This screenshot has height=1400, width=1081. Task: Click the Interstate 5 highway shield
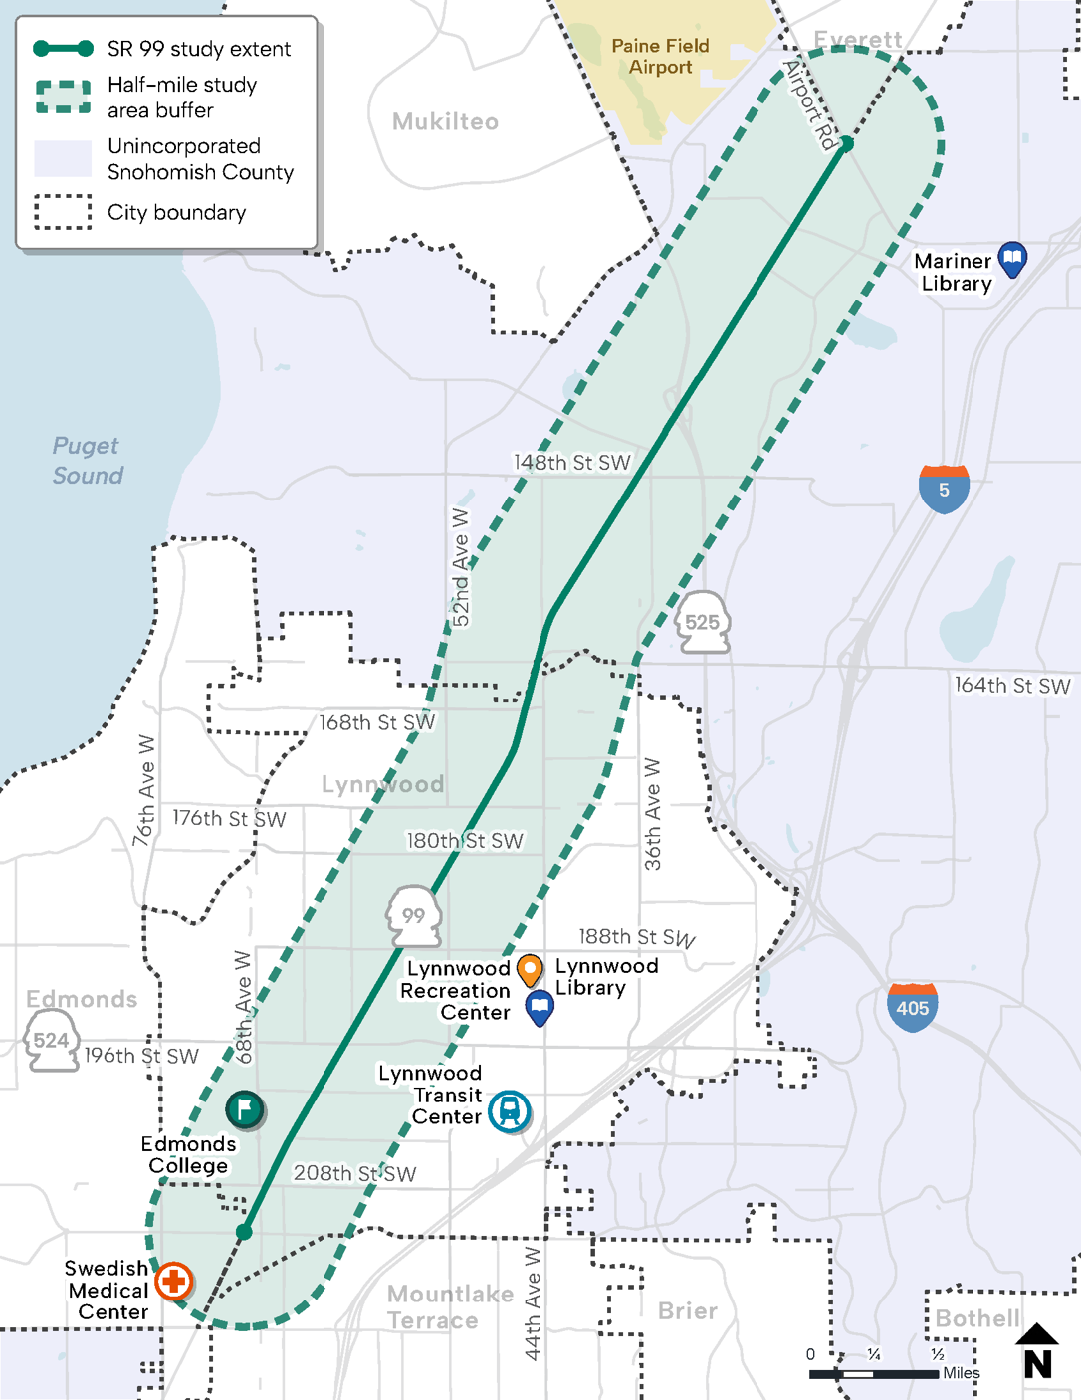[x=944, y=488]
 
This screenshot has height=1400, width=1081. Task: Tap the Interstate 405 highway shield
[x=912, y=1007]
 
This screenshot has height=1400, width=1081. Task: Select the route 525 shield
[x=703, y=623]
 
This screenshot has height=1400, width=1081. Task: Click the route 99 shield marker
[x=414, y=915]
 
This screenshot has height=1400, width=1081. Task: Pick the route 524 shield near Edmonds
[x=51, y=1041]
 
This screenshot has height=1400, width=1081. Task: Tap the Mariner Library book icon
[x=1012, y=259]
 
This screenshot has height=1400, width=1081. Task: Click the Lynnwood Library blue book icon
[x=540, y=1007]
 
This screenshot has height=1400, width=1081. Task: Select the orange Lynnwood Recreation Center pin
[x=531, y=968]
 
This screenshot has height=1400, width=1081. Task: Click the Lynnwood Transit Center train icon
[x=510, y=1111]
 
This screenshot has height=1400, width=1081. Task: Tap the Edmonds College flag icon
[x=244, y=1108]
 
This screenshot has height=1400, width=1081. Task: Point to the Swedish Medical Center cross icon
[x=174, y=1281]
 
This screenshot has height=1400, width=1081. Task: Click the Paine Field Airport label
[x=660, y=57]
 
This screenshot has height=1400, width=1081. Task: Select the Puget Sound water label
[x=88, y=461]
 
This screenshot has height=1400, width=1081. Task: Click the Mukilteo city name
[x=445, y=122]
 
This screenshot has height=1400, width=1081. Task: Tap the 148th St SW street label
[x=571, y=463]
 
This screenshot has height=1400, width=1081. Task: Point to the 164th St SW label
[x=1011, y=686]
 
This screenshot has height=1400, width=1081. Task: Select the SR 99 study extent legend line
[x=63, y=49]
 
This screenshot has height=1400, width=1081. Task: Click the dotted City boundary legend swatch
[x=63, y=212]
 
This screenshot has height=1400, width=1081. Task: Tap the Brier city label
[x=687, y=1311]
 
